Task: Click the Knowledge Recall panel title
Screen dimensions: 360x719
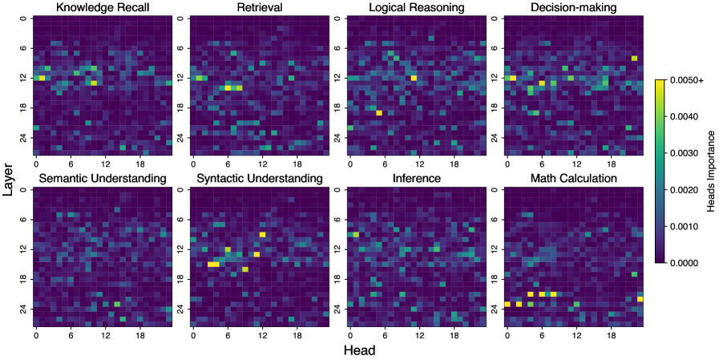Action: pyautogui.click(x=102, y=8)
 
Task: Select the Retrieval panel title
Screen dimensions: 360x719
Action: pyautogui.click(x=259, y=8)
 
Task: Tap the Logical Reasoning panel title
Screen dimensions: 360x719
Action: pyautogui.click(x=416, y=8)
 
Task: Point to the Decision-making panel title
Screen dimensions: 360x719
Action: pyautogui.click(x=574, y=8)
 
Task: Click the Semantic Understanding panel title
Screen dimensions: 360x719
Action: pyautogui.click(x=102, y=178)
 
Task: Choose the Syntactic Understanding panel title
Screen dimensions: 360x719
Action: pyautogui.click(x=259, y=178)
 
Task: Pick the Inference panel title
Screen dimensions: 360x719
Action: pyautogui.click(x=416, y=178)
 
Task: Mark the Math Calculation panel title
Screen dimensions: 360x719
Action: pyautogui.click(x=574, y=178)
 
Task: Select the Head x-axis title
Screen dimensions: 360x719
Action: pyautogui.click(x=360, y=350)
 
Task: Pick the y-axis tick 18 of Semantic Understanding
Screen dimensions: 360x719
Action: pyautogui.click(x=24, y=278)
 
